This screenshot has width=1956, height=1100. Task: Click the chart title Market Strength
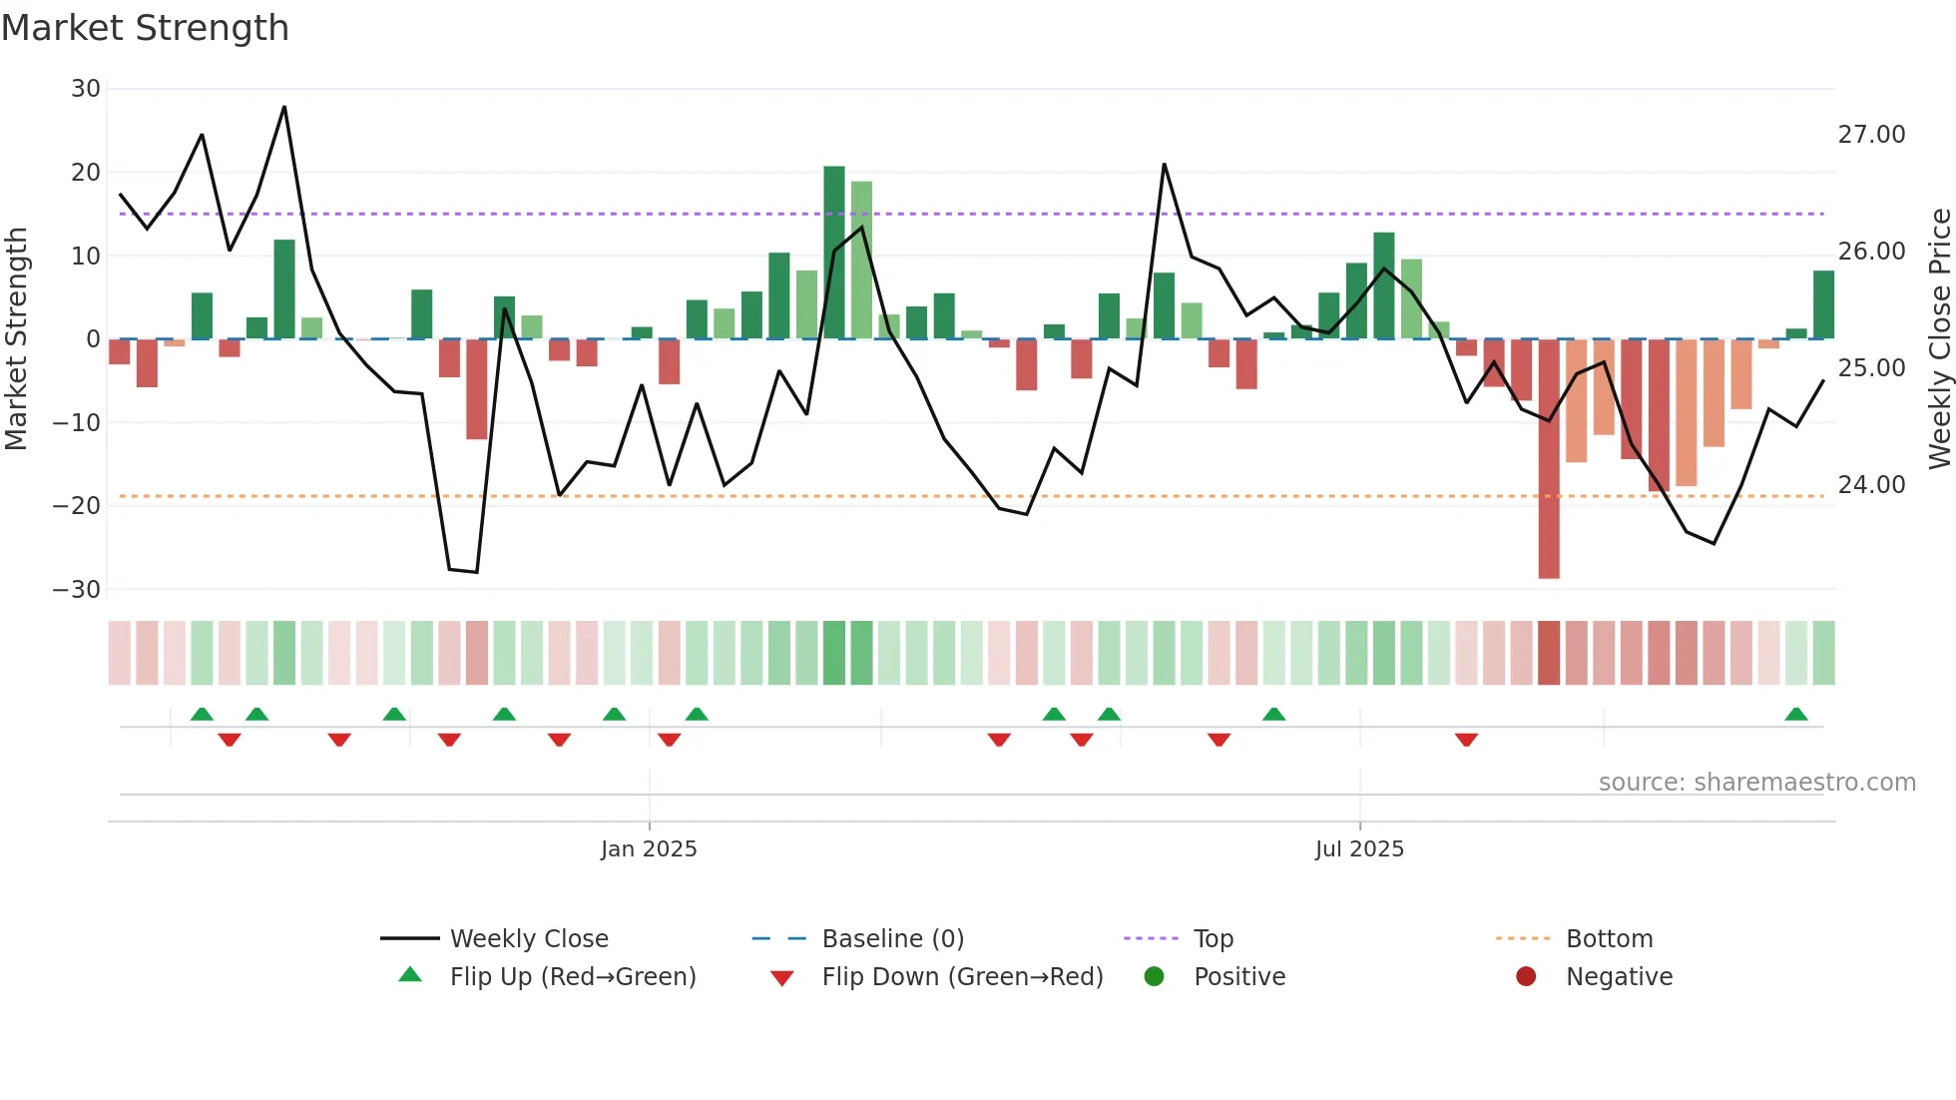click(x=145, y=28)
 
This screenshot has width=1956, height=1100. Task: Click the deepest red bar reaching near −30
click(x=1549, y=459)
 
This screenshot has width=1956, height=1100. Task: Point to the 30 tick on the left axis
click(x=86, y=89)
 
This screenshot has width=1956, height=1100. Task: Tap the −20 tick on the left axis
click(x=78, y=506)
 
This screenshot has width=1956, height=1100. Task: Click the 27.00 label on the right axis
click(x=1871, y=135)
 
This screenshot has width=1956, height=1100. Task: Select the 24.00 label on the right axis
click(x=1871, y=485)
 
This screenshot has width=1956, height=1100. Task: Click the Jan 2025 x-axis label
click(x=649, y=849)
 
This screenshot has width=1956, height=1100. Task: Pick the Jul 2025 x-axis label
click(x=1359, y=849)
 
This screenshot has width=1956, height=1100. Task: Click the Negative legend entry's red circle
click(x=1526, y=976)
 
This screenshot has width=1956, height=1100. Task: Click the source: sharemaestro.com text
click(x=1756, y=783)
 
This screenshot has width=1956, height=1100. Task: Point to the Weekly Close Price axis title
click(x=1939, y=338)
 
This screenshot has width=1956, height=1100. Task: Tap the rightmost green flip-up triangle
click(x=1796, y=715)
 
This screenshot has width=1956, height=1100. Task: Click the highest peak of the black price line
click(x=284, y=107)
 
